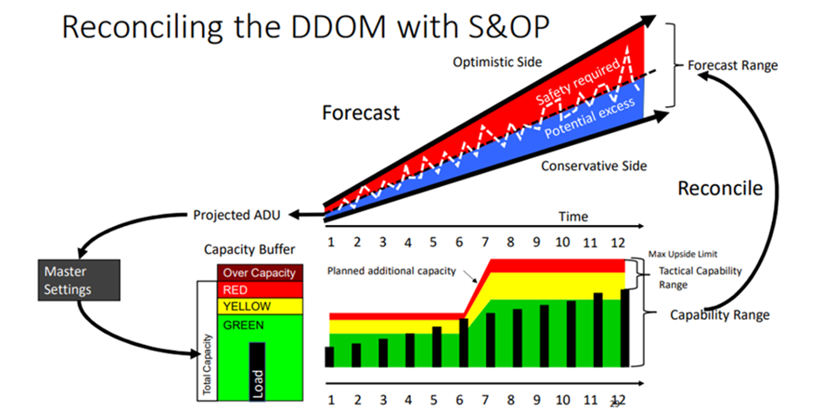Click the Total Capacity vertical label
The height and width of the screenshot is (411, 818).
[x=207, y=366]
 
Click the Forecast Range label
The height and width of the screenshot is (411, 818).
[x=732, y=65]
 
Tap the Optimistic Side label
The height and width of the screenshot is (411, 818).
[x=496, y=62]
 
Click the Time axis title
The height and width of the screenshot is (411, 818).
[x=573, y=216]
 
